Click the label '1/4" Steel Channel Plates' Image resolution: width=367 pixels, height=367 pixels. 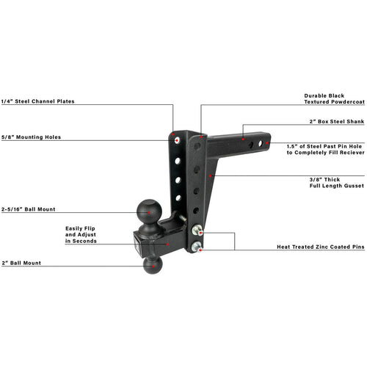tap(37, 101)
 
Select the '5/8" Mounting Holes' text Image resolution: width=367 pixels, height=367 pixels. tap(31, 137)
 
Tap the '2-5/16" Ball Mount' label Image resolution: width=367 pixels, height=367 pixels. tap(29, 209)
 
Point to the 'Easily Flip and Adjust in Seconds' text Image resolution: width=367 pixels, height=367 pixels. tap(81, 235)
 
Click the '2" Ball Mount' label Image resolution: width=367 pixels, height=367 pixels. tap(21, 263)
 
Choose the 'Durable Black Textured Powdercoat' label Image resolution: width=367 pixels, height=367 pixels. tap(334, 98)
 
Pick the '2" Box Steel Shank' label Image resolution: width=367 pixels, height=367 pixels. tap(337, 121)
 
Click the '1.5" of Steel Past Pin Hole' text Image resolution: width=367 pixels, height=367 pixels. tap(324, 146)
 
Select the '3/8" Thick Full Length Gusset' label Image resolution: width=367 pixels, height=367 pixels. tap(337, 183)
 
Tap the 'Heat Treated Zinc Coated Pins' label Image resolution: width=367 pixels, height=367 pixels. tap(321, 247)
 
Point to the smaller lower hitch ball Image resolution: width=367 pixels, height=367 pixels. tap(153, 266)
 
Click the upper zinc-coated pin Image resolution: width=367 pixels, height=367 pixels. tap(197, 230)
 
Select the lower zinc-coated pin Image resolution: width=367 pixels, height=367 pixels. tap(197, 247)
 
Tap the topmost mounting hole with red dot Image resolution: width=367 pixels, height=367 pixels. tap(177, 140)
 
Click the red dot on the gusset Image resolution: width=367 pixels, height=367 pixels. tap(210, 175)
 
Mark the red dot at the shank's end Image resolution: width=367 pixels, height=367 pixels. tap(267, 143)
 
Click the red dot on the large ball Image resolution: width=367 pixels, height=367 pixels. tap(149, 213)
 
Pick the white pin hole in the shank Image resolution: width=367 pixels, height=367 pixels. tap(261, 143)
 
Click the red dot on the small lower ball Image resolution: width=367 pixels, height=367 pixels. tap(153, 266)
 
